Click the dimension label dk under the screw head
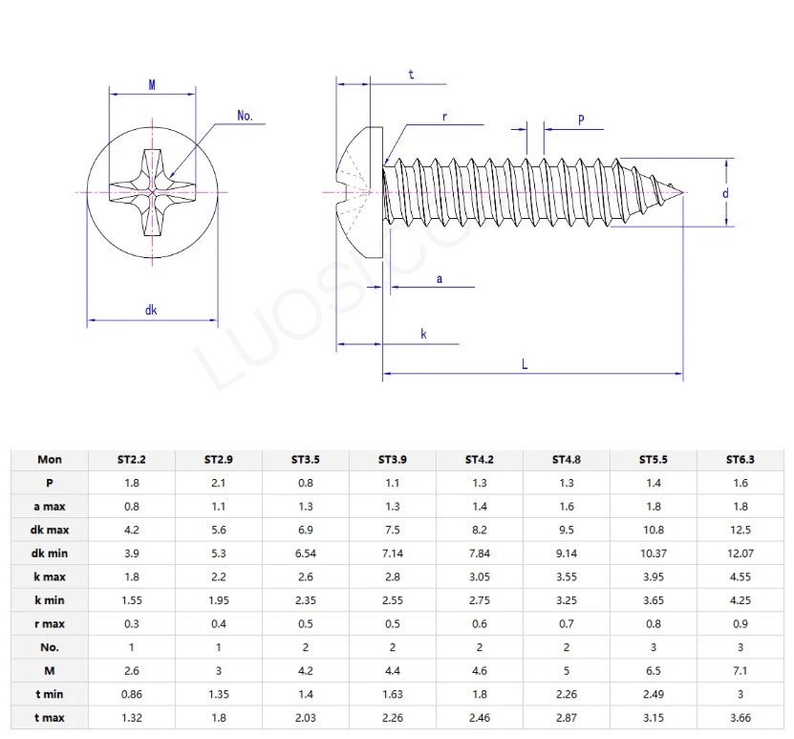pos(151,309)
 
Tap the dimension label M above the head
pos(152,85)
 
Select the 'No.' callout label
pos(245,116)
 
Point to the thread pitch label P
pos(581,119)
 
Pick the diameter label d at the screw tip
pos(726,192)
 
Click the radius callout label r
pos(444,117)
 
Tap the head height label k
pos(423,334)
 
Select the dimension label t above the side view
pos(412,74)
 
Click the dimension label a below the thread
pos(439,278)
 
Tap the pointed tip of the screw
pos(684,193)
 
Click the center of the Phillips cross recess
pos(152,193)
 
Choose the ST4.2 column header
pos(479,459)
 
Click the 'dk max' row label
pos(50,530)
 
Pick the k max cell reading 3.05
pos(479,576)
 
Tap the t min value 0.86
pos(132,694)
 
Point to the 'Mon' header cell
pos(50,459)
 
